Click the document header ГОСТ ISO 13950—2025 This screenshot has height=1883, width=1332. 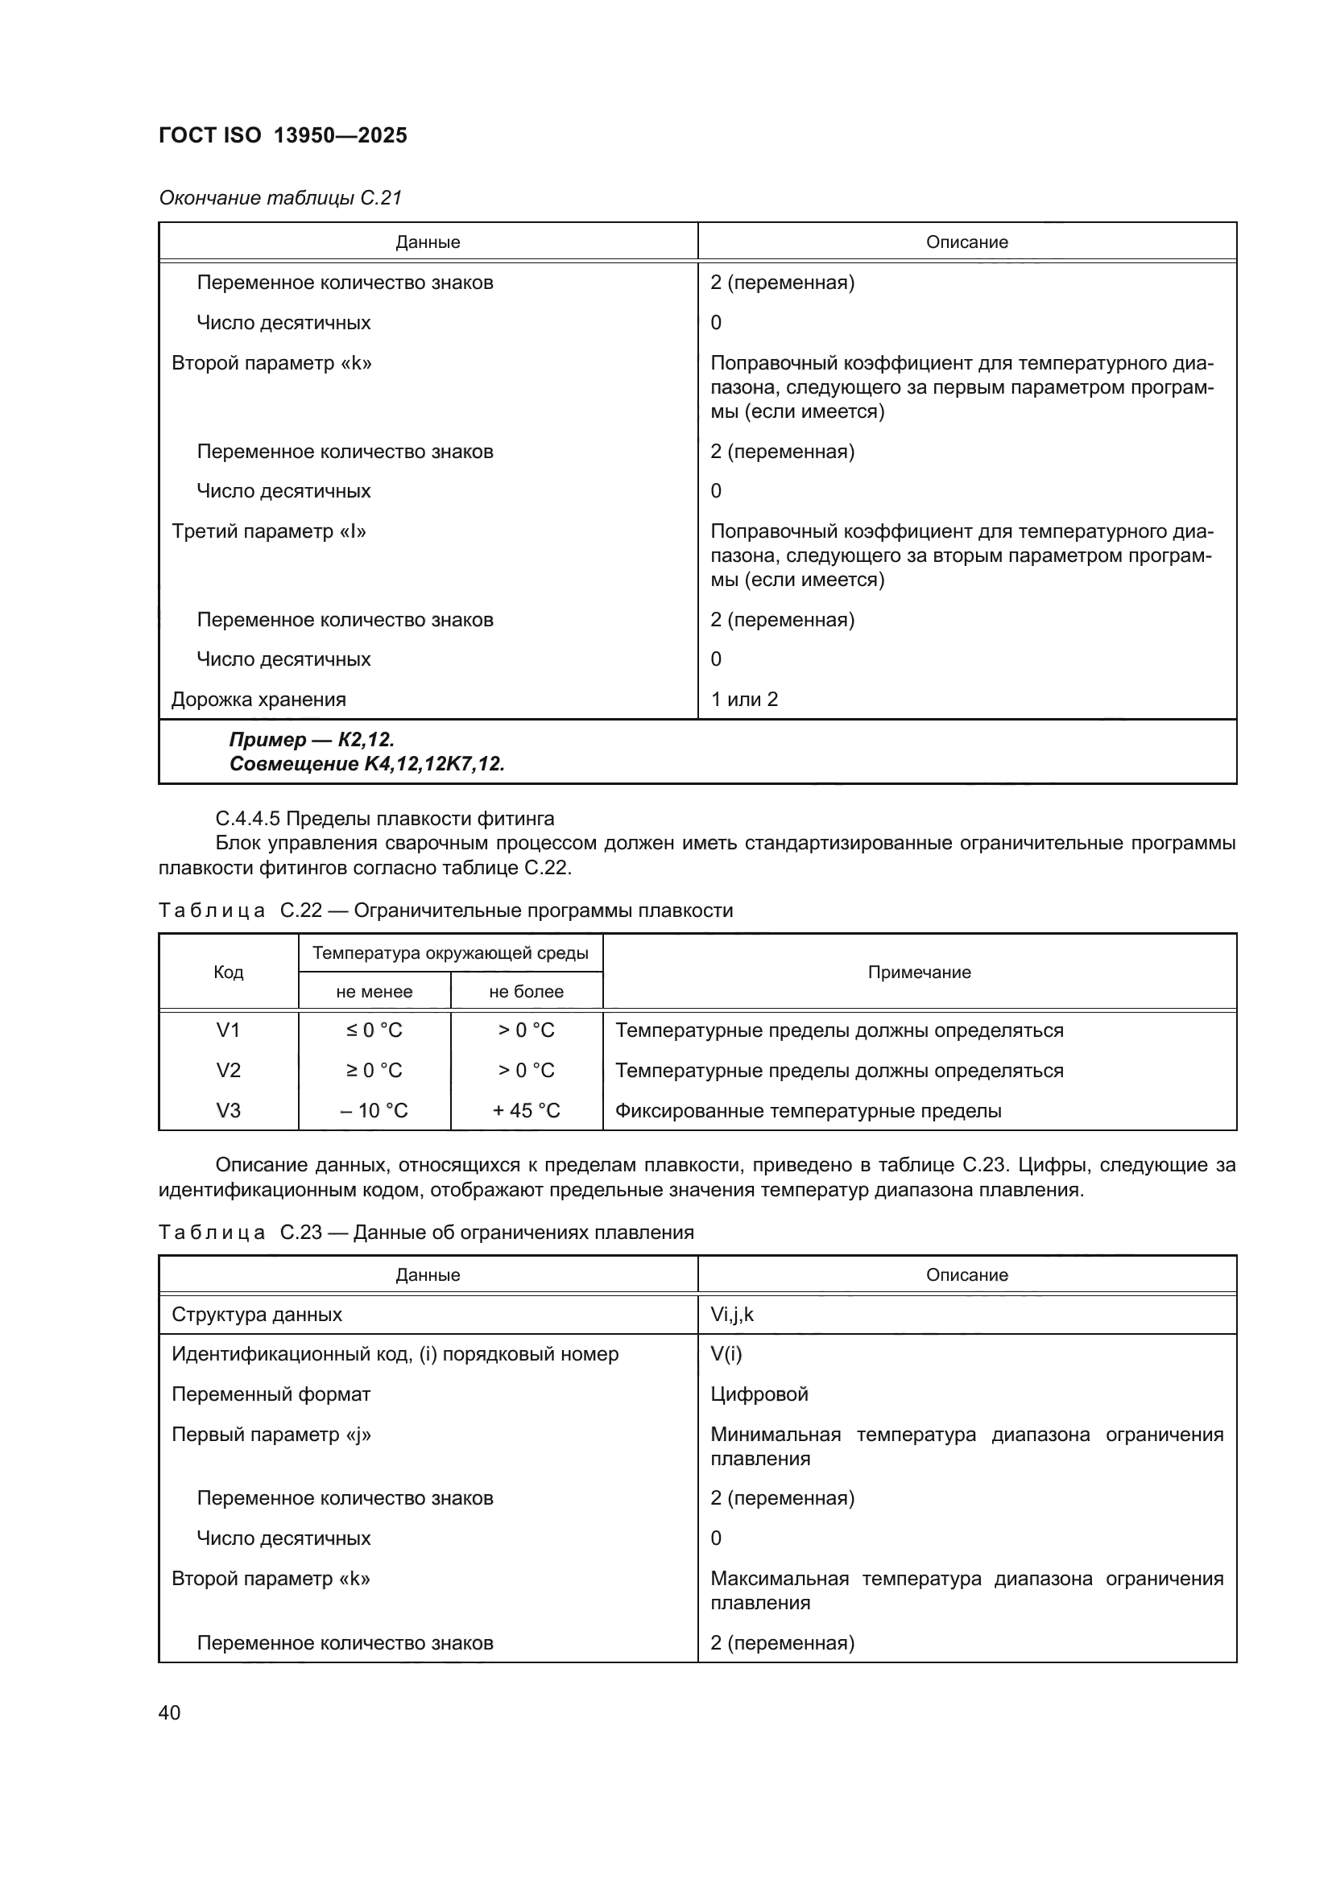282,135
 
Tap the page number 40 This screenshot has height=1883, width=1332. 169,1712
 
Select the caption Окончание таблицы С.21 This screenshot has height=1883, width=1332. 279,198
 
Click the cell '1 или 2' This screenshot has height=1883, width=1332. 743,700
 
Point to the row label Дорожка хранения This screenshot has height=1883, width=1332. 259,700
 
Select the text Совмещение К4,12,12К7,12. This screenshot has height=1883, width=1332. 366,764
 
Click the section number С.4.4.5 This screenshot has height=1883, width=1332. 247,819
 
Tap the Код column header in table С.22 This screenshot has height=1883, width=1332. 228,972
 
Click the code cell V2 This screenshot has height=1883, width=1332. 228,1070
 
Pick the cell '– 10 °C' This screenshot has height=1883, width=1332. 374,1110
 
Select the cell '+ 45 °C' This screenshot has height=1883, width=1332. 526,1110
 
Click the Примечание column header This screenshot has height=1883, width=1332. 919,972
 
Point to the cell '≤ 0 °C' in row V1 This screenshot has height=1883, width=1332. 374,1030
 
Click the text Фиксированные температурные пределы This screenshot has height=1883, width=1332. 808,1110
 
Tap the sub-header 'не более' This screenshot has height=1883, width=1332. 526,992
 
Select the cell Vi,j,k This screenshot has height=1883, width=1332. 731,1315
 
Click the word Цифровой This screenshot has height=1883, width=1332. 759,1394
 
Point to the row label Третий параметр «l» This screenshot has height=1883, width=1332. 268,531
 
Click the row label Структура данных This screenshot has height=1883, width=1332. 256,1315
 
